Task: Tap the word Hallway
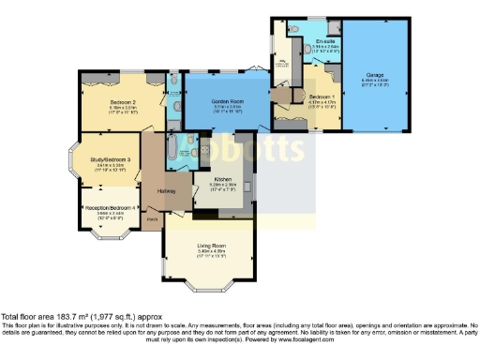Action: pyautogui.click(x=167, y=191)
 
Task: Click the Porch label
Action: pyautogui.click(x=151, y=221)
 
